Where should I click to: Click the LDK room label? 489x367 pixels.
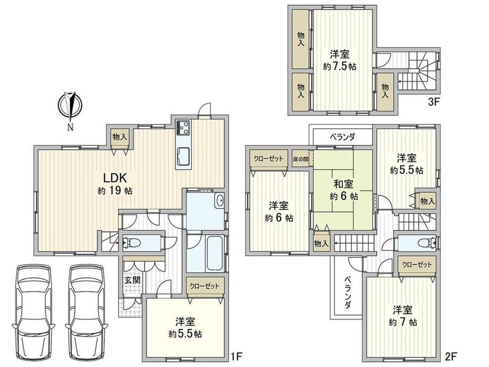tap(115, 178)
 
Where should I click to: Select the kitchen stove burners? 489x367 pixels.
tap(183, 128)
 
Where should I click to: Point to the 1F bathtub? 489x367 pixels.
tap(214, 254)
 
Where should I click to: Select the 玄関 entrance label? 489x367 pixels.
tap(132, 280)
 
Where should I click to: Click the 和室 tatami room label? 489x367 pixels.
tap(343, 184)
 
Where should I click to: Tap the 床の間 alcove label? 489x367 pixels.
tap(301, 159)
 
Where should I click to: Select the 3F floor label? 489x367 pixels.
tap(434, 102)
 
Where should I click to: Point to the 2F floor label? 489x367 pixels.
tap(451, 355)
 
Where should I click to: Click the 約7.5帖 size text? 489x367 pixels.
tap(339, 66)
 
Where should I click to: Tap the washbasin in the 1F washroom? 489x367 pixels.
tap(220, 200)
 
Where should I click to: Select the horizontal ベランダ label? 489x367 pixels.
tap(342, 137)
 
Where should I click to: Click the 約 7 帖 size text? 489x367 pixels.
tap(402, 322)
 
